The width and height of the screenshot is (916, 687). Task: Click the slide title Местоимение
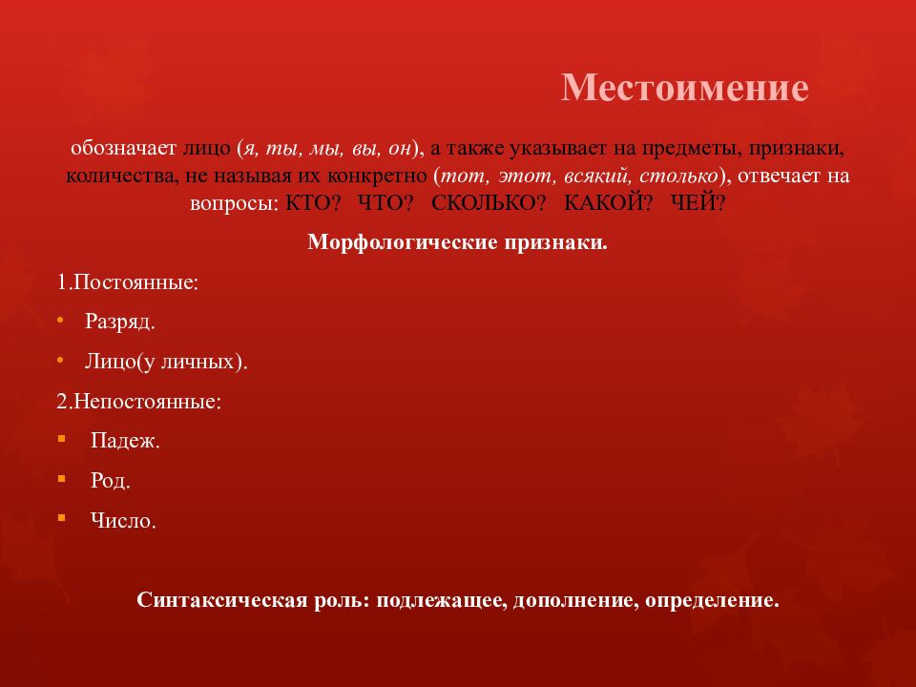click(684, 88)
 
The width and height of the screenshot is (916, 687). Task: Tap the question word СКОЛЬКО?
click(489, 203)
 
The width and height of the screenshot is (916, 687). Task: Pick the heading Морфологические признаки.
click(458, 242)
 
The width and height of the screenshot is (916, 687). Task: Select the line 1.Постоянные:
click(128, 283)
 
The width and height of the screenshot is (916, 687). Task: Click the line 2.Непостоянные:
click(139, 402)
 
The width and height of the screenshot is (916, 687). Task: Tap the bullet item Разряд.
click(119, 323)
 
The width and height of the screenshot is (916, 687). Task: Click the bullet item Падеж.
click(125, 442)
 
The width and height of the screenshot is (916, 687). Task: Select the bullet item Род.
click(111, 482)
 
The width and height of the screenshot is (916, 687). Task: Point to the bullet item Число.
click(123, 522)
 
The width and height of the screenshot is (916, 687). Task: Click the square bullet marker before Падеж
click(62, 439)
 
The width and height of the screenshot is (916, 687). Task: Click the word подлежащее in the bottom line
click(440, 601)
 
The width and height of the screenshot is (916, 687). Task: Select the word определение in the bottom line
click(711, 601)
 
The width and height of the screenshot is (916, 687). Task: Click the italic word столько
click(676, 177)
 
